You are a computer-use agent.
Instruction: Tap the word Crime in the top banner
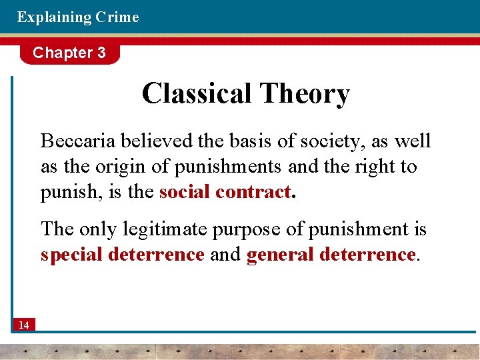(117, 17)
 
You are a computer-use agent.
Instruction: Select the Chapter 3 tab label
(69, 53)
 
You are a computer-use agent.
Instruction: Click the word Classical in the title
(197, 93)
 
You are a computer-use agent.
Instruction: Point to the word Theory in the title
(305, 95)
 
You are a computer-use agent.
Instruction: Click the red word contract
(253, 192)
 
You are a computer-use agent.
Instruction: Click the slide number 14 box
(24, 325)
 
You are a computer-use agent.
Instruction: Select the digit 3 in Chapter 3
(101, 53)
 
